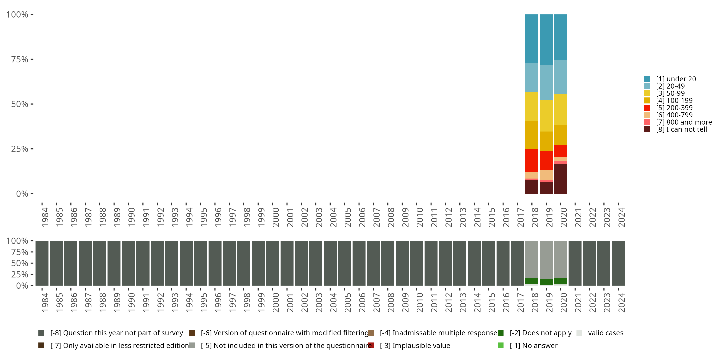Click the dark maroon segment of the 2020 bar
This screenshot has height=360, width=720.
coord(560,179)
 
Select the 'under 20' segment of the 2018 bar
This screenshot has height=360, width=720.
coord(532,38)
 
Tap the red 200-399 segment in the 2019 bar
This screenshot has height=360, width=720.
coord(546,160)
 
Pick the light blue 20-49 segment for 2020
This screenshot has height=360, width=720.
coord(560,77)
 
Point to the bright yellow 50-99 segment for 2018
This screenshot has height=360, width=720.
coord(532,106)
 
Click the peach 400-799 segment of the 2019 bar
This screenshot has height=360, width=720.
coord(546,175)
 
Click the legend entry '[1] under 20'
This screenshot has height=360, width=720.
coord(676,79)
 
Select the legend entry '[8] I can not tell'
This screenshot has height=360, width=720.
coord(681,129)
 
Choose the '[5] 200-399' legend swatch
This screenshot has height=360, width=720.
coord(647,108)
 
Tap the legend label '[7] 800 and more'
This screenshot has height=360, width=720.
coord(684,122)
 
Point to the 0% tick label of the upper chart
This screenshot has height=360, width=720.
coord(22,194)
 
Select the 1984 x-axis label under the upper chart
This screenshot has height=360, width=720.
coord(45,217)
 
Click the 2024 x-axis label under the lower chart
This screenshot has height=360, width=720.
coord(621,302)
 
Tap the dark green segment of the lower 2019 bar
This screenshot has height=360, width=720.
coord(546,282)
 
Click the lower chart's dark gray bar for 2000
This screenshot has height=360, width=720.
coord(272,263)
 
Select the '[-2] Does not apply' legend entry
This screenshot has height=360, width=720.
coord(540,333)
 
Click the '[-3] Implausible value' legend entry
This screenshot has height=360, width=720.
coord(415,345)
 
